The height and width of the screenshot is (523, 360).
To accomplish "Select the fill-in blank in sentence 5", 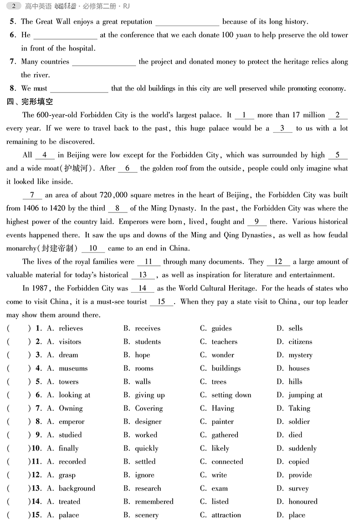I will tap(187, 22).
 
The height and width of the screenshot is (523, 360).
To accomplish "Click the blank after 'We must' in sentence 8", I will tap(79, 89).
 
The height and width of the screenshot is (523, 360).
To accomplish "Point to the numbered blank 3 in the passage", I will tap(283, 129).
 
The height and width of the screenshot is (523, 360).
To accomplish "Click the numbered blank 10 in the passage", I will tap(93, 249).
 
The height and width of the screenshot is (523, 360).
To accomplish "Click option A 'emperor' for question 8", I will tap(71, 422).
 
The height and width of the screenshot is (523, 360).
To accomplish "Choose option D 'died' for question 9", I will tap(295, 435).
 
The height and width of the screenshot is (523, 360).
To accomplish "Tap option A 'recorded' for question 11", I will tap(72, 461).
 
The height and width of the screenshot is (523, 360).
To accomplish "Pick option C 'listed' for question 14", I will tap(220, 502).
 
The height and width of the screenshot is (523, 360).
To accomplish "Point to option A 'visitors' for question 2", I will tap(70, 342).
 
